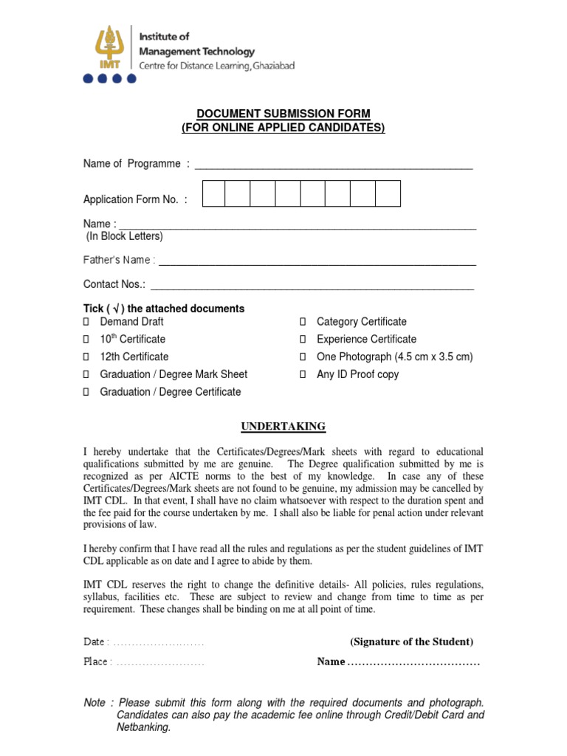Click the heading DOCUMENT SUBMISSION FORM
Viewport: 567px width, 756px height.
tap(283, 114)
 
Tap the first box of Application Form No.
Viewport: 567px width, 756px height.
tap(213, 193)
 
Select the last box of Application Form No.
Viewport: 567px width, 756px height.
tap(388, 193)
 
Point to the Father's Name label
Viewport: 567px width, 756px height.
tap(119, 260)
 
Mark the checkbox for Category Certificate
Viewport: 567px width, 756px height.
tap(303, 322)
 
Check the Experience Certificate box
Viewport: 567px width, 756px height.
tap(303, 340)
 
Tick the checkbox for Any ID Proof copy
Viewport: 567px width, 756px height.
tap(303, 375)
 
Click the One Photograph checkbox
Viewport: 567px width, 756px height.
tap(303, 357)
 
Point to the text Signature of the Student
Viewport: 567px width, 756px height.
tap(412, 642)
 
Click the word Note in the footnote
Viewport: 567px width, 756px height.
tap(94, 703)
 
